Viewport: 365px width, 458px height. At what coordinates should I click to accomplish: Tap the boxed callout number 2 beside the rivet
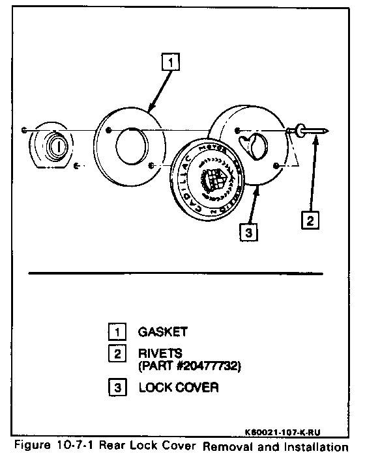point(311,220)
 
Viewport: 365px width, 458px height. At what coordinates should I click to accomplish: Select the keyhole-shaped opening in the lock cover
point(253,144)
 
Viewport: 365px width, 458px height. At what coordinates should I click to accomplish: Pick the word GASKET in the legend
point(162,332)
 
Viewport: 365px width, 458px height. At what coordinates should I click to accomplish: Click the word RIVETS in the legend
point(158,354)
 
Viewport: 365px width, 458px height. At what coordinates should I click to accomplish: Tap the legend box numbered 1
point(115,332)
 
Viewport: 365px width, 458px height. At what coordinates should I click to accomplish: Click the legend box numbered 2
point(115,354)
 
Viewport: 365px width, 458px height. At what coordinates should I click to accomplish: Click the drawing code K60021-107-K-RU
point(285,431)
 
